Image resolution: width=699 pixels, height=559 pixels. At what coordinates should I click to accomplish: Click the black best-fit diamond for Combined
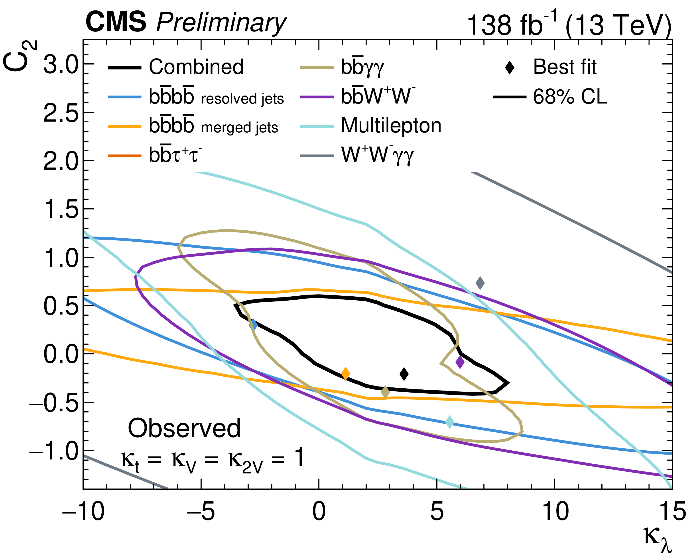(404, 374)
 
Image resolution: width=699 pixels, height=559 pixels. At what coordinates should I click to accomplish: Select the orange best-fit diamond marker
(346, 373)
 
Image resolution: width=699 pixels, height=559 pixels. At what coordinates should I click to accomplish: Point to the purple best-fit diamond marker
(460, 362)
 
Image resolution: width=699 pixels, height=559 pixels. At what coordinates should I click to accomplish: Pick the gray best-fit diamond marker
(480, 283)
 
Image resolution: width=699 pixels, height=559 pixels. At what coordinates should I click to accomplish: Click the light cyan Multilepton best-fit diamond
(449, 422)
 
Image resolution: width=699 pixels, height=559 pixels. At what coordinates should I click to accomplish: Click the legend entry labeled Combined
(196, 67)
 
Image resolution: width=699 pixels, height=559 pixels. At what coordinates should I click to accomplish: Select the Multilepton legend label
(391, 126)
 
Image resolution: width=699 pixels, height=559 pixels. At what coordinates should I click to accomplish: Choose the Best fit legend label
(564, 67)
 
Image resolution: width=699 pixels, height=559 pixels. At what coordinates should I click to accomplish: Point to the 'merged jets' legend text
(240, 128)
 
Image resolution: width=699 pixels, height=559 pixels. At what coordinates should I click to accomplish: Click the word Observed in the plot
(184, 428)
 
